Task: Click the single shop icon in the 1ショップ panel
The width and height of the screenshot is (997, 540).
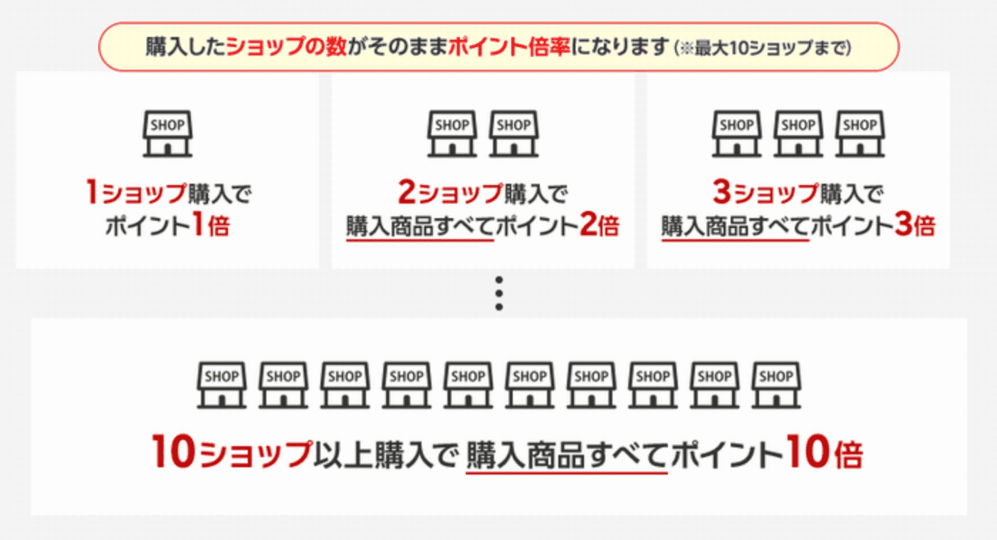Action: point(167,133)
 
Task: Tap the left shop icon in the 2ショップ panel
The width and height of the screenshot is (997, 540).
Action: point(451,133)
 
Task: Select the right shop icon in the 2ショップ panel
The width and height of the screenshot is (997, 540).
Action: point(513,133)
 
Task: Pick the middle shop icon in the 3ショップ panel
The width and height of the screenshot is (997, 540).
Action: point(798,133)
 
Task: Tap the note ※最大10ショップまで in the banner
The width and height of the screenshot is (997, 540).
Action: point(762,48)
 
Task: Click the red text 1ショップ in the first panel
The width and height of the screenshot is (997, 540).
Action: point(133,193)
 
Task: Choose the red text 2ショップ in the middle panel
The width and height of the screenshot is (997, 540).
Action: point(449,193)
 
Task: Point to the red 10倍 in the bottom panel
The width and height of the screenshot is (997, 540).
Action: point(824,454)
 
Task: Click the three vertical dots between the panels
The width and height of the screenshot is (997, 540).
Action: point(499,293)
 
